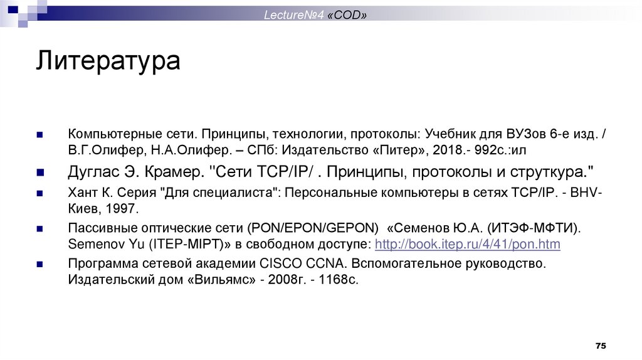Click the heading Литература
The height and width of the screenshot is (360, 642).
pyautogui.click(x=107, y=63)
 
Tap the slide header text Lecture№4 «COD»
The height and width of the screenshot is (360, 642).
pyautogui.click(x=315, y=14)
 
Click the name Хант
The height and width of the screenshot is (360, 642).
pyautogui.click(x=82, y=193)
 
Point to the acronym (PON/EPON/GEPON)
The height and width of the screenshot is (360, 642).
pyautogui.click(x=313, y=228)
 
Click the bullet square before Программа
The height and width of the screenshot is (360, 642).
pyautogui.click(x=39, y=263)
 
